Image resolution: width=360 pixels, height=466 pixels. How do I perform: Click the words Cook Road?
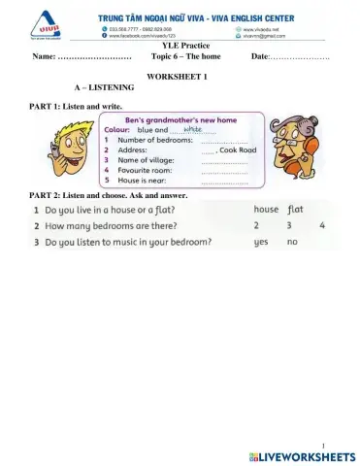point(238,151)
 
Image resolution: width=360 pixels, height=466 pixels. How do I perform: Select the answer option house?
point(266,210)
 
